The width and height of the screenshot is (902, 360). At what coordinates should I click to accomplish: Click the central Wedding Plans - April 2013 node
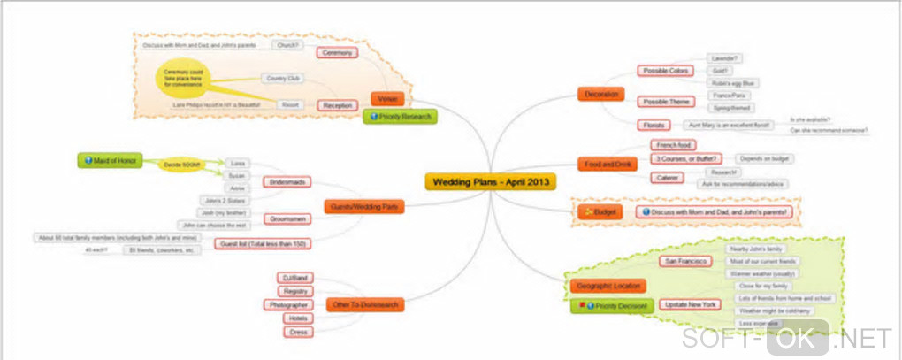(489, 181)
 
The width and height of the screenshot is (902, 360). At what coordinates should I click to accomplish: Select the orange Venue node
(386, 99)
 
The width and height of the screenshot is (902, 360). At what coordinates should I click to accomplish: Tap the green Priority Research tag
(400, 116)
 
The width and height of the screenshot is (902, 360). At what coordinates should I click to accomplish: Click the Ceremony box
(337, 53)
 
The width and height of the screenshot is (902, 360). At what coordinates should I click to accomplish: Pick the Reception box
(337, 104)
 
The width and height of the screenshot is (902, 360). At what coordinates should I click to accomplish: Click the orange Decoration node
(600, 94)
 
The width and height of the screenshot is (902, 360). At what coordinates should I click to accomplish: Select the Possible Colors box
(665, 71)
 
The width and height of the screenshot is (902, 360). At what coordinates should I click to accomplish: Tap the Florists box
(654, 125)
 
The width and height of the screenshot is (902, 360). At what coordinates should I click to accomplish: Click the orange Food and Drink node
(606, 165)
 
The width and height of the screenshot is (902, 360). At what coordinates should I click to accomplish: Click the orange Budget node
(600, 212)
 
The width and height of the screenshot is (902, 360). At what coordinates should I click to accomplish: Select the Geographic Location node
(604, 286)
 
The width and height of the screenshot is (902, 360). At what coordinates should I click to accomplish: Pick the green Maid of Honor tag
(109, 160)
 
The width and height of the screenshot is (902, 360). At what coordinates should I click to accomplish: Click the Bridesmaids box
(287, 181)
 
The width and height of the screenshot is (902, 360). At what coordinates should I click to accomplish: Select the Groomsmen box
(286, 218)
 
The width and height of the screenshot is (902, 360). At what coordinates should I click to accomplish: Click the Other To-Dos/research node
(366, 304)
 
